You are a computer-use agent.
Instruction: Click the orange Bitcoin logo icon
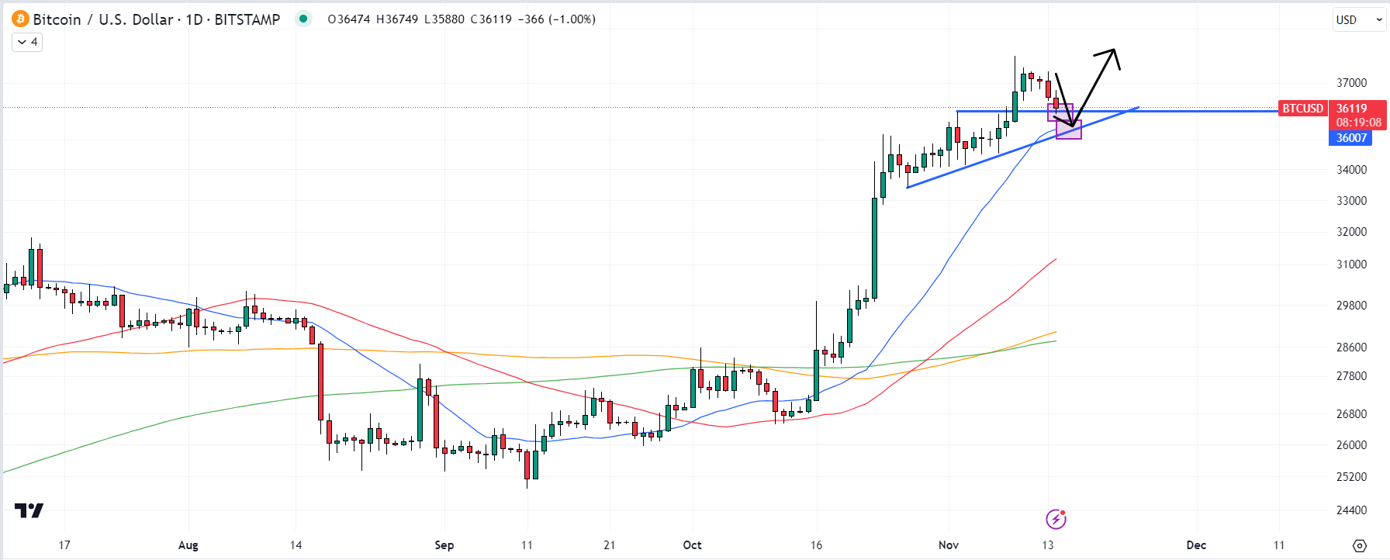[20, 19]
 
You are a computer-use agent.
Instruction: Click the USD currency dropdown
[1359, 20]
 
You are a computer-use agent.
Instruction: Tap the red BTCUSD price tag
[1302, 109]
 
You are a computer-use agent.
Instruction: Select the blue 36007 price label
[1350, 138]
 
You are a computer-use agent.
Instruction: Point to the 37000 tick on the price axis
[1351, 83]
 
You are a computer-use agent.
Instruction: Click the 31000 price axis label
[1351, 264]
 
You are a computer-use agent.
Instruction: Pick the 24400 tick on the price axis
[1351, 510]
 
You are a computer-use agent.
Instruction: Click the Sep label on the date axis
[444, 545]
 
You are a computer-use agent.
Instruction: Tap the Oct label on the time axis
[692, 545]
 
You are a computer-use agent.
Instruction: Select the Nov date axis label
[948, 545]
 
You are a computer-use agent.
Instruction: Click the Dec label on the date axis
[1196, 545]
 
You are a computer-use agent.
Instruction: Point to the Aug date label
[188, 545]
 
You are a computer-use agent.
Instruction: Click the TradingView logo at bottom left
[29, 510]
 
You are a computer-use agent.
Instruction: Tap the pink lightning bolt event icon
[1056, 519]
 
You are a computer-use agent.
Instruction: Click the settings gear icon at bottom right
[1360, 545]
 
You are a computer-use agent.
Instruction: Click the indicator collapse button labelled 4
[27, 42]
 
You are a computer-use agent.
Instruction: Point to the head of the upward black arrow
[1114, 52]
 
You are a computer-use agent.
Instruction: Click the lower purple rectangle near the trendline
[1069, 130]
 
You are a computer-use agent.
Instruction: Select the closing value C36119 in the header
[491, 19]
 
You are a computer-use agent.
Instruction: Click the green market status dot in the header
[303, 19]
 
